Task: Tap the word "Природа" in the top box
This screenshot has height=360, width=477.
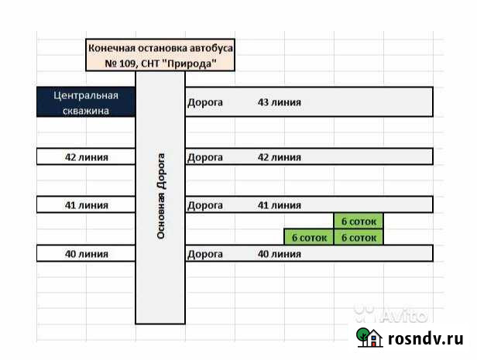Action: (187, 63)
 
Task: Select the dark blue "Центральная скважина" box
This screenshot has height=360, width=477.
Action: (86, 102)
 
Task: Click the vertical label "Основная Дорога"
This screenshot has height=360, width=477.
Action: (160, 194)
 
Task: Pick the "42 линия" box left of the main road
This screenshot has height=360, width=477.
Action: (86, 157)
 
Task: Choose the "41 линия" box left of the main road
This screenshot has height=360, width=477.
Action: (86, 205)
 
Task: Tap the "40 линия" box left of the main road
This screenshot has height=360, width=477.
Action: (86, 253)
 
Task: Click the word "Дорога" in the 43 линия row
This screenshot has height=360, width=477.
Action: (205, 102)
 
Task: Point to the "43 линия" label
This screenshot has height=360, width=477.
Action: (279, 102)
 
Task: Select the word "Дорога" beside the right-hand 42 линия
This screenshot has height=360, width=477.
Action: (205, 157)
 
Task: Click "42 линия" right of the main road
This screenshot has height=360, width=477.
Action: (279, 157)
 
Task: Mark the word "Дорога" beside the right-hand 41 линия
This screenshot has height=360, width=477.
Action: (205, 205)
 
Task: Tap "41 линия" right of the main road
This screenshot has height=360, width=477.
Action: (279, 205)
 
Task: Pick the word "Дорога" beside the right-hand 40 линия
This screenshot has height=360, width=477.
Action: (205, 253)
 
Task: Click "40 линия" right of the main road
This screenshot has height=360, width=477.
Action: (279, 253)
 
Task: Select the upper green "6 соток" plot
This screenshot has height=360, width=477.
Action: (359, 221)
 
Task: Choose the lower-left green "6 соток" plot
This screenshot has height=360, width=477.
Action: (308, 237)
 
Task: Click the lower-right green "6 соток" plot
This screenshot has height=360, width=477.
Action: (359, 237)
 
